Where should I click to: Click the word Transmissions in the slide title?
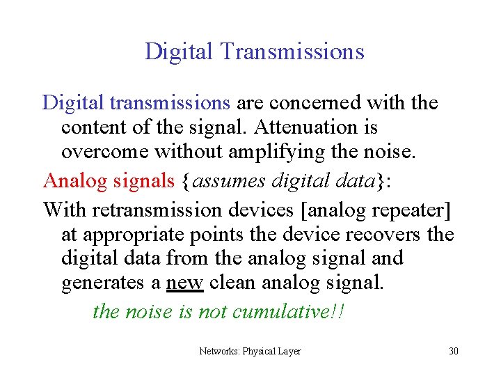click(292, 52)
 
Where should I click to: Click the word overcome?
click(105, 152)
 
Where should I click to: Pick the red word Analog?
click(72, 181)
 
